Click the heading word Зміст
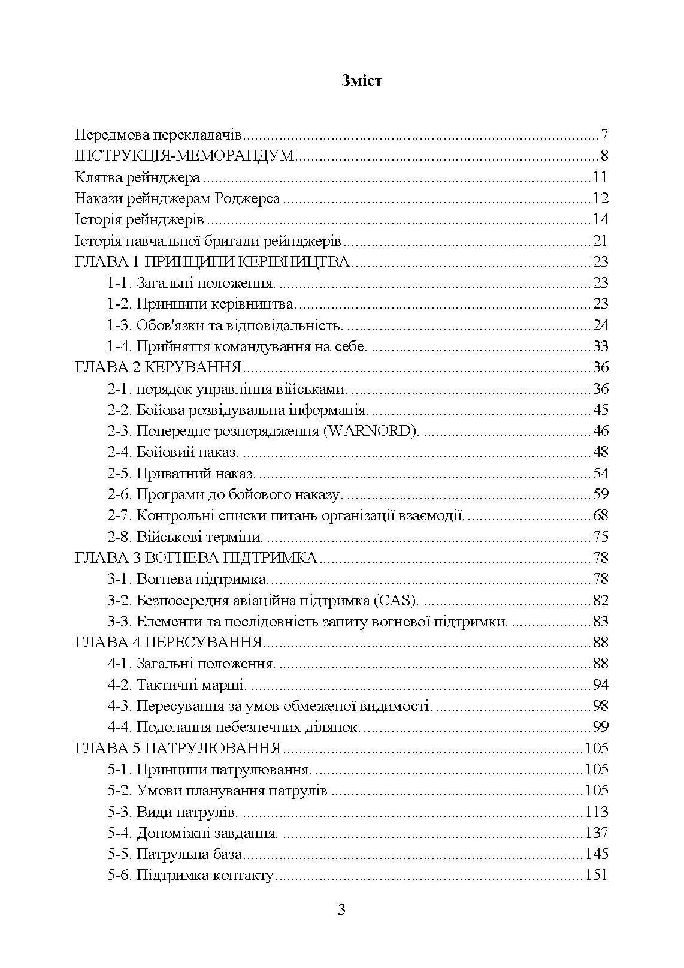pos(361,81)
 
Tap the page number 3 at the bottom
pos(341,910)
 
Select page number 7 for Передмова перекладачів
pos(604,134)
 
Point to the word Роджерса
pos(252,198)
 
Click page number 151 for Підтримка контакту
pos(596,875)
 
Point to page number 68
pos(600,515)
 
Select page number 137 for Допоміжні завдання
pos(596,833)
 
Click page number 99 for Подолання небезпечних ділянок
pos(600,727)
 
